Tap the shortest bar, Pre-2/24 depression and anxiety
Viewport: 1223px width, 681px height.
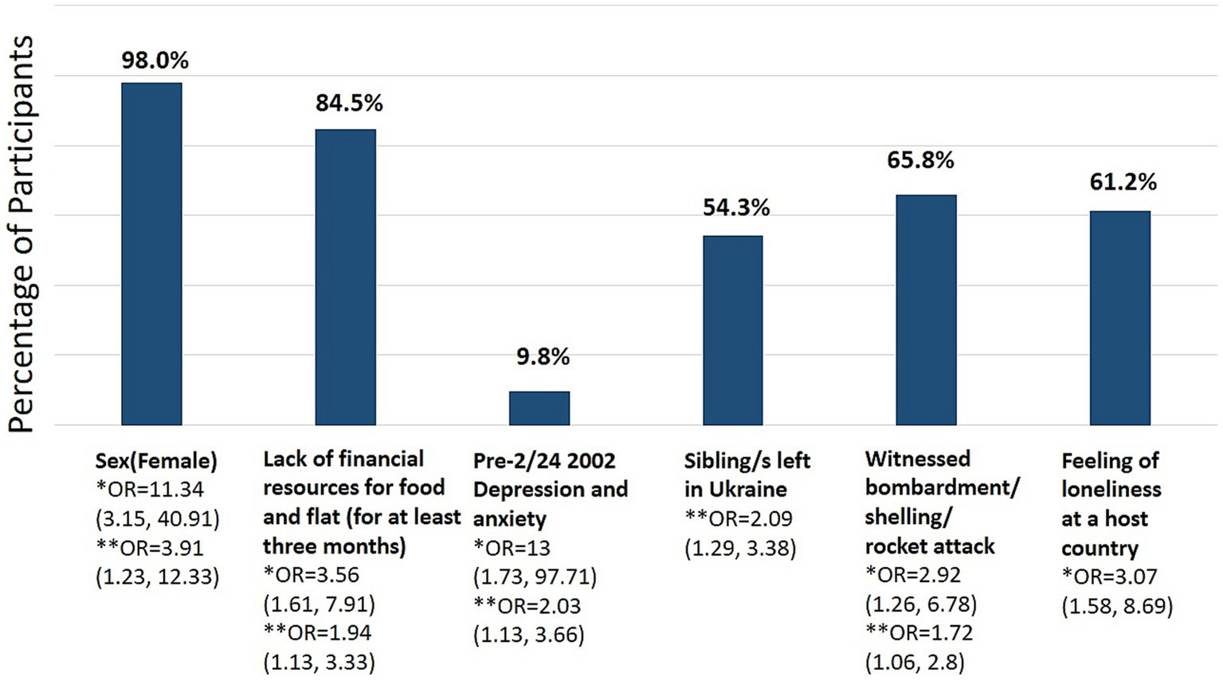(x=539, y=407)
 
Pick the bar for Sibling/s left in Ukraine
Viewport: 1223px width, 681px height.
(x=732, y=330)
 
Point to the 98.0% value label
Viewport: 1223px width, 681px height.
(x=155, y=61)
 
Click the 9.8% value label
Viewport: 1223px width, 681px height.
(x=543, y=356)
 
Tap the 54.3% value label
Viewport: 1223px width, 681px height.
(x=736, y=208)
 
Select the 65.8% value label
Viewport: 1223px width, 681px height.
(x=920, y=160)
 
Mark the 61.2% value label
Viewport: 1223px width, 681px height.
(x=1123, y=182)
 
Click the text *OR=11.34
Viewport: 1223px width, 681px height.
(x=150, y=489)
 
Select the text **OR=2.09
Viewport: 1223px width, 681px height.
(x=739, y=518)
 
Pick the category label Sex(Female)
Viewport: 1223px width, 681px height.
(x=156, y=460)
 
